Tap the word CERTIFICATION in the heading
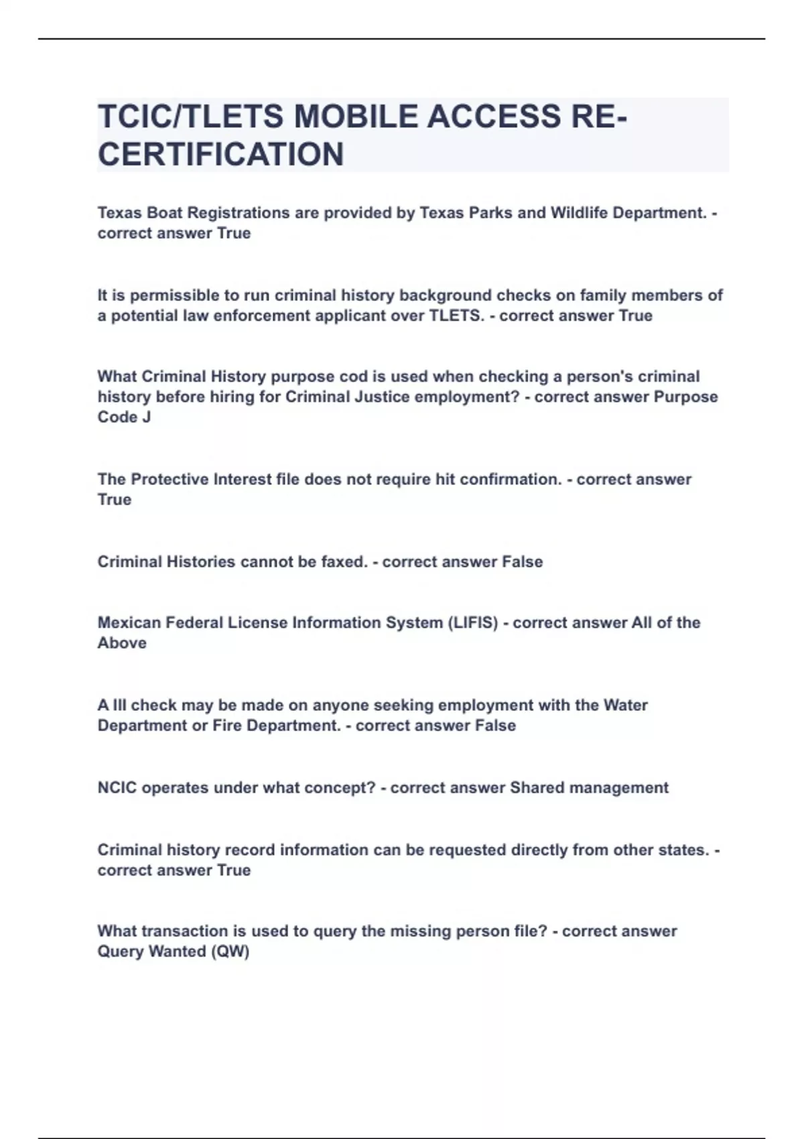coord(220,154)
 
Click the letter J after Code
coord(146,417)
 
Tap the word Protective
coord(170,479)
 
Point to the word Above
coord(122,643)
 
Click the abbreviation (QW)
coord(230,951)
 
